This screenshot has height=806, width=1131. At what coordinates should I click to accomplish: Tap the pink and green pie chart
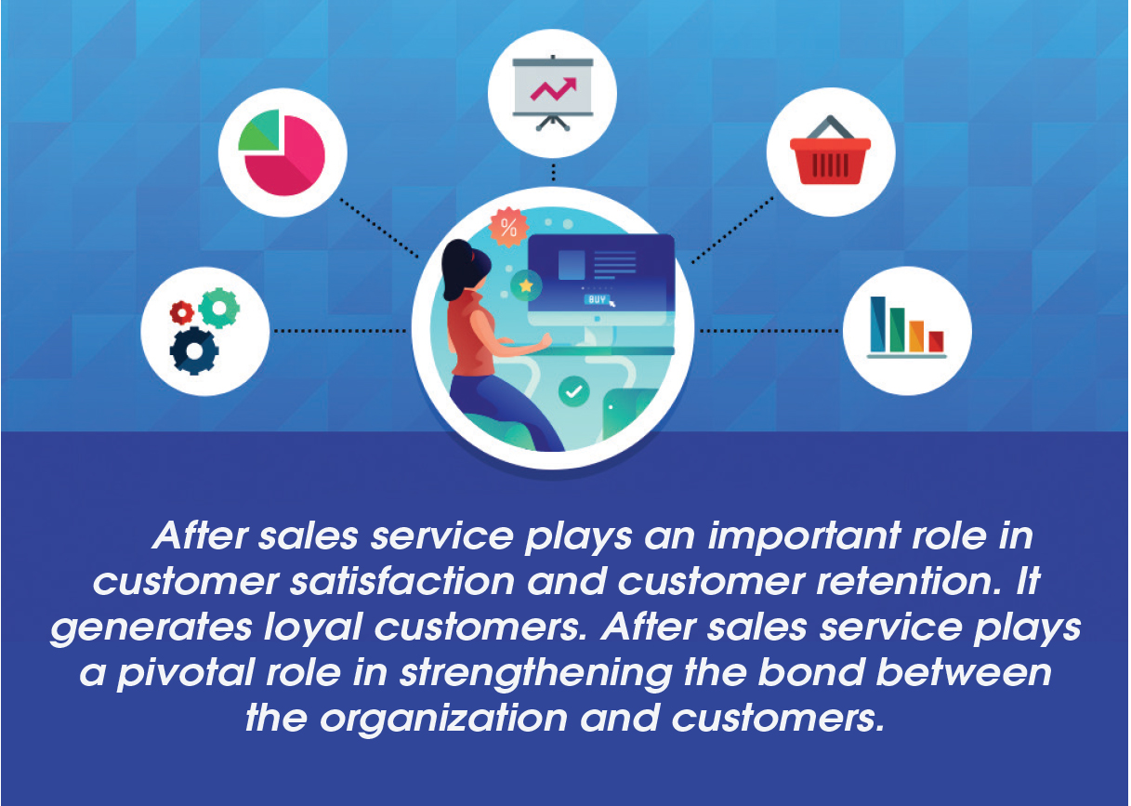[x=282, y=152]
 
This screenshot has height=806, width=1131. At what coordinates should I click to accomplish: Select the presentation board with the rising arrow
[x=552, y=93]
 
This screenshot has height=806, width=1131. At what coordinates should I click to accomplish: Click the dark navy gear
[x=194, y=351]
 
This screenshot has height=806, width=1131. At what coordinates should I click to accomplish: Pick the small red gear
[x=182, y=312]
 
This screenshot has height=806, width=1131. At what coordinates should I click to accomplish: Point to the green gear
[x=219, y=308]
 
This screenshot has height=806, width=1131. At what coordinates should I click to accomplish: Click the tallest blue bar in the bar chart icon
[x=877, y=324]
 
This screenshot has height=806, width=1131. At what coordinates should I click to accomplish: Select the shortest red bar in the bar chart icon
[x=936, y=341]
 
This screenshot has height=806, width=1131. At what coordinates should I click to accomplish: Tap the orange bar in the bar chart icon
[x=916, y=336]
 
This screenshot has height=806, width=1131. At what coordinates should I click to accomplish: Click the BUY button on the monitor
[x=597, y=299]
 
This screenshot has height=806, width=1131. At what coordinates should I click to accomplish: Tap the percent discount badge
[x=508, y=227]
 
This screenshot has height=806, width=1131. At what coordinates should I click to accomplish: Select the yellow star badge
[x=526, y=285]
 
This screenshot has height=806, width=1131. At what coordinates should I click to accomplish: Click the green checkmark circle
[x=573, y=391]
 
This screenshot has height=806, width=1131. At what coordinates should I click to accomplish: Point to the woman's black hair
[x=464, y=268]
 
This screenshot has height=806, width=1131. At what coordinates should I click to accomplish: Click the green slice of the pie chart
[x=258, y=130]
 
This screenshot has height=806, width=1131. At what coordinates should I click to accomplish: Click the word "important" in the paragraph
[x=805, y=535]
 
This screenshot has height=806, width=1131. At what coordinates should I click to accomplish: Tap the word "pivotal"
[x=185, y=674]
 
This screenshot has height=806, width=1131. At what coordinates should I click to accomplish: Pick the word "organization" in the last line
[x=444, y=720]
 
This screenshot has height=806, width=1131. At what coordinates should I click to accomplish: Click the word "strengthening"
[x=536, y=674]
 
